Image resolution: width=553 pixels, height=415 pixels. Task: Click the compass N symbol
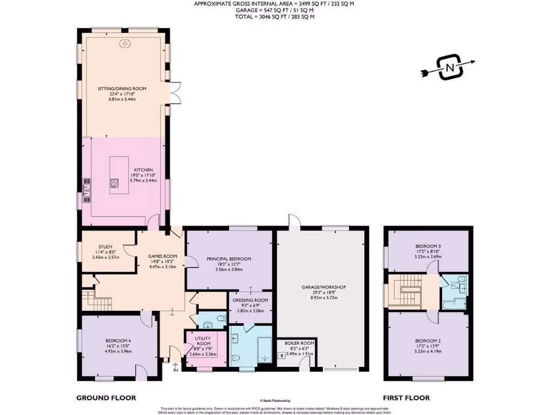449,67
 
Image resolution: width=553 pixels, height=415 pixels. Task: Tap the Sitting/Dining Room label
122,89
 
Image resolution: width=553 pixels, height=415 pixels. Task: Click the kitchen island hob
114,183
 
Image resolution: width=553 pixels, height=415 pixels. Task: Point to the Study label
105,247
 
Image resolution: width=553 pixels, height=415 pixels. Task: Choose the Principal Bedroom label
228,259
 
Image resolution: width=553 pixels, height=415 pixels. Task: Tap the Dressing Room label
249,300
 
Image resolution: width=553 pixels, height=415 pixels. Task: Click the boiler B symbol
281,356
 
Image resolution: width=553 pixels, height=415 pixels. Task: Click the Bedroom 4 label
118,342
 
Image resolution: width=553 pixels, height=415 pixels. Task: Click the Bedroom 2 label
428,340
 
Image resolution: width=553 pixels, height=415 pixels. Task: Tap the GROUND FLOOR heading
106,398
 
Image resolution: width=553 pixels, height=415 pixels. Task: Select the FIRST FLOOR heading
406,398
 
